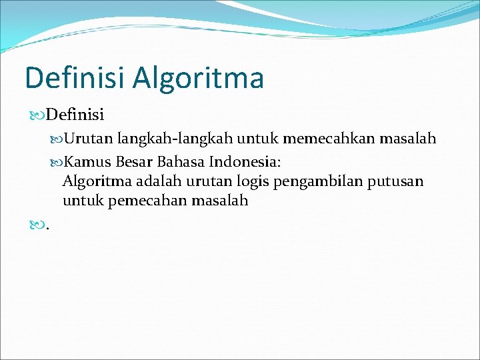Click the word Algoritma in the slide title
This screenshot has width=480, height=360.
198,78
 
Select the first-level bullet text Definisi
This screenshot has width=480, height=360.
75,115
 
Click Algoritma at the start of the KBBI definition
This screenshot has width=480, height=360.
95,181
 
